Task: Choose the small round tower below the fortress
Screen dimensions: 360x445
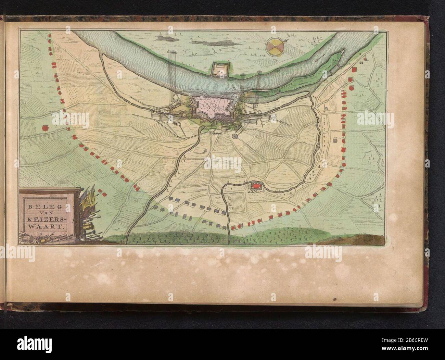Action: [x=235, y=136]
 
